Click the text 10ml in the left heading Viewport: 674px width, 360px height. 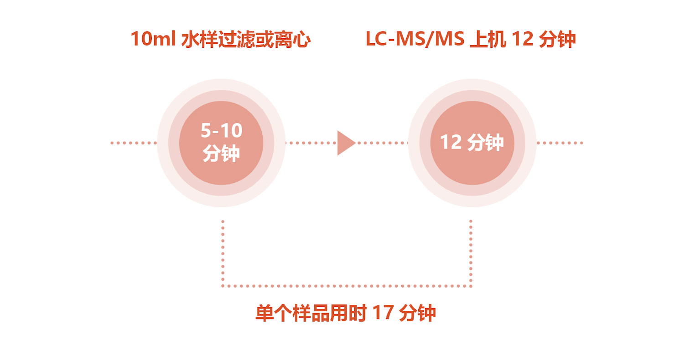pyautogui.click(x=153, y=39)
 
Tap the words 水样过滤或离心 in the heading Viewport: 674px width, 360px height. pyautogui.click(x=246, y=39)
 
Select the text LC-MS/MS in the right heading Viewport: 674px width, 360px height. pyautogui.click(x=415, y=39)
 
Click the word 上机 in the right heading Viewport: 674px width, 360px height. pyautogui.click(x=488, y=39)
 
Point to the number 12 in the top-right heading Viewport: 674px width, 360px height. pyautogui.click(x=523, y=39)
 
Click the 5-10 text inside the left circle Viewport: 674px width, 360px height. pyautogui.click(x=222, y=130)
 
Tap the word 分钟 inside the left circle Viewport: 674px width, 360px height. pyautogui.click(x=221, y=154)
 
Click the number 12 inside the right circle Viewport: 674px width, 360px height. pyautogui.click(x=451, y=142)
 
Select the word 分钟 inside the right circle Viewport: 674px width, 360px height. pyautogui.click(x=485, y=142)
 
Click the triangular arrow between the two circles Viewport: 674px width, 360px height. pyautogui.click(x=345, y=143)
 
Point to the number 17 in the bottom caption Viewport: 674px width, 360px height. pyautogui.click(x=383, y=313)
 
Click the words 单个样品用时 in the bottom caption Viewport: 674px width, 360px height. pyautogui.click(x=311, y=313)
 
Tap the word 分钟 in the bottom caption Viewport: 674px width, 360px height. pyautogui.click(x=418, y=313)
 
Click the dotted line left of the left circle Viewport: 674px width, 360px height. pyautogui.click(x=134, y=143)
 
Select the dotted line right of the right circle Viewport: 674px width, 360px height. pyautogui.click(x=560, y=143)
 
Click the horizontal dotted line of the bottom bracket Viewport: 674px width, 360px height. pyautogui.click(x=347, y=286)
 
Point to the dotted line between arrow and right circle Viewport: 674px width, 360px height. pyautogui.click(x=383, y=143)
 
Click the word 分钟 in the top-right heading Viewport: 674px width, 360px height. pyautogui.click(x=557, y=39)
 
